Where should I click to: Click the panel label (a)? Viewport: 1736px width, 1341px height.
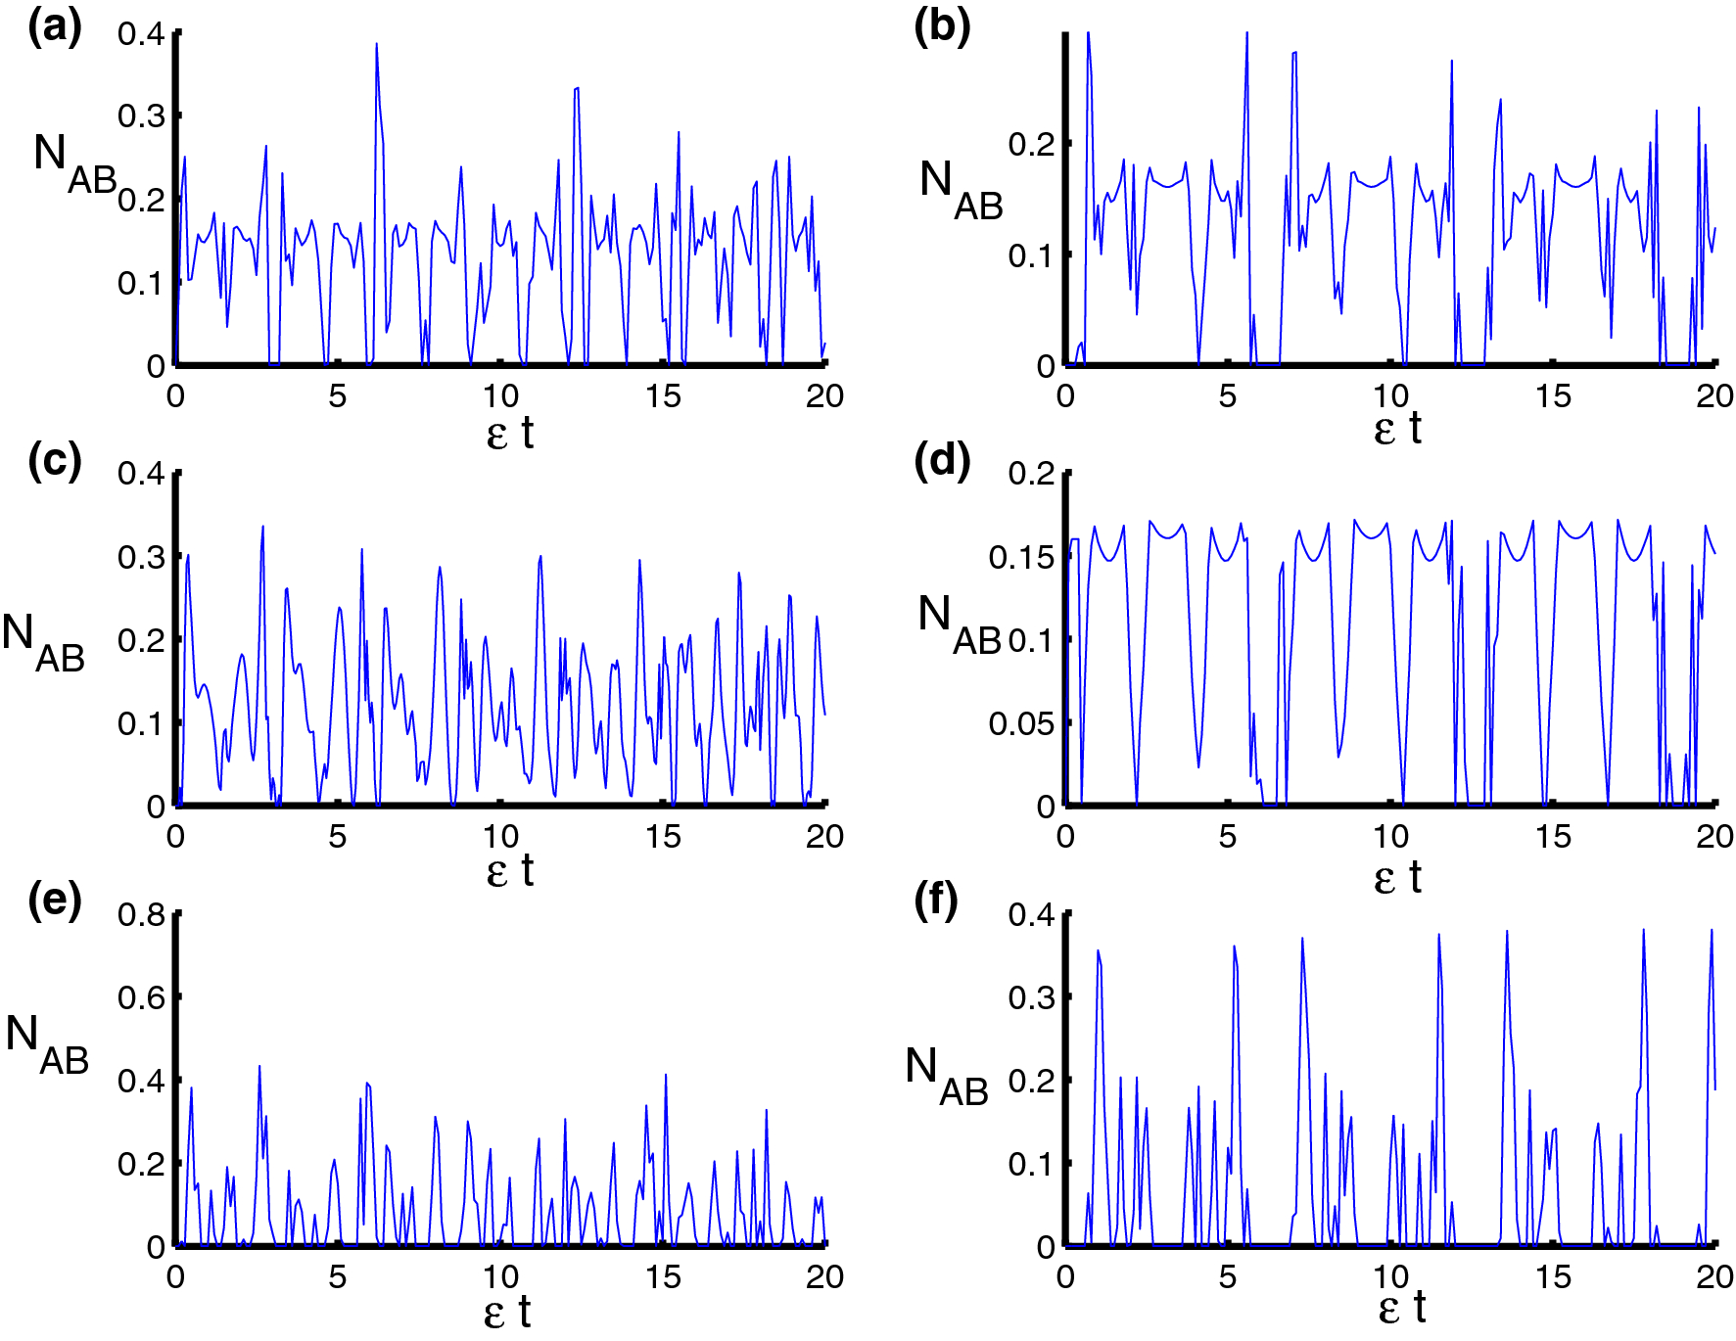click(54, 27)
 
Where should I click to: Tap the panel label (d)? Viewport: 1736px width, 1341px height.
click(941, 460)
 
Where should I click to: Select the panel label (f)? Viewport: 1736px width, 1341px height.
click(935, 900)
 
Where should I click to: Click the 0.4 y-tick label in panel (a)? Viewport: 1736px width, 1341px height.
click(141, 33)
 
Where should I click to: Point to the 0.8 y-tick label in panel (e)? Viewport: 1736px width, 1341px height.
click(141, 914)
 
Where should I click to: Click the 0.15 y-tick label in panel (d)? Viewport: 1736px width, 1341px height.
click(1021, 557)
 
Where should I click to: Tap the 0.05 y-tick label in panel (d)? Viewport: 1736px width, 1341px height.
click(1021, 723)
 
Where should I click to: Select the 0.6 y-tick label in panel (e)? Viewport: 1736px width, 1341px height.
click(141, 997)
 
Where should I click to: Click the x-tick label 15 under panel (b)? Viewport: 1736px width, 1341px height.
click(1552, 396)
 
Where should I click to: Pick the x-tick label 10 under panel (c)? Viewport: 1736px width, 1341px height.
click(499, 836)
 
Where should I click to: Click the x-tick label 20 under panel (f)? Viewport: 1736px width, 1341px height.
click(1714, 1276)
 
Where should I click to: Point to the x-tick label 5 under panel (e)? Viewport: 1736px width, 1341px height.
click(337, 1276)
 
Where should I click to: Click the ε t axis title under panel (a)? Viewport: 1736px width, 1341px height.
click(509, 433)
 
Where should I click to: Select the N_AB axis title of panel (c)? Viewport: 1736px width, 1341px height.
click(43, 642)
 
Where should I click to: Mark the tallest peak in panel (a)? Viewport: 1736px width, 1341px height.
click(376, 44)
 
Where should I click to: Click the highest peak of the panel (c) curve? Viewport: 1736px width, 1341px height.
click(262, 527)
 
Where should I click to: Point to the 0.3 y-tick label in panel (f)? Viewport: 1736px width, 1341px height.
click(1031, 997)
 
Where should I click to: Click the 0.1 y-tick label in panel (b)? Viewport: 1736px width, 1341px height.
click(1031, 255)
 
